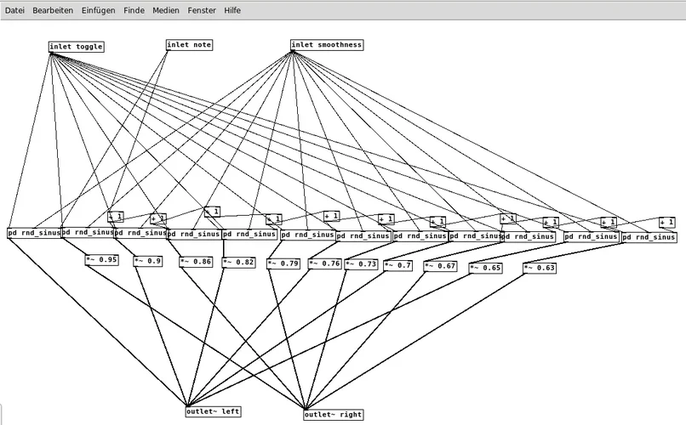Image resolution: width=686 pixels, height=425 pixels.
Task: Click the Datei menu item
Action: pos(15,9)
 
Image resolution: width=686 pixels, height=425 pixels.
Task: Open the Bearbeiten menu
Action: pos(53,9)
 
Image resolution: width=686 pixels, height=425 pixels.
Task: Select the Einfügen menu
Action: pos(99,9)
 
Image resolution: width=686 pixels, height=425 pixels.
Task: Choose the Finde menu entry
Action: pos(134,9)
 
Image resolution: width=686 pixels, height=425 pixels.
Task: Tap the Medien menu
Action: pos(166,9)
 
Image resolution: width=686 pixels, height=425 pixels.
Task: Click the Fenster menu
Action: pos(202,9)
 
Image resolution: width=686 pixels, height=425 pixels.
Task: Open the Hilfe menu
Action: pos(232,9)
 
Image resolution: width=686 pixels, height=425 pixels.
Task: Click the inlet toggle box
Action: pos(77,47)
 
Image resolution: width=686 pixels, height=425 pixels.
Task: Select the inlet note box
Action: pos(189,44)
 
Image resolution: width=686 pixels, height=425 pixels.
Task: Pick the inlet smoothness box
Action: pos(327,44)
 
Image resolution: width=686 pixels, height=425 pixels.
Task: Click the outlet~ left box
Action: pos(213,411)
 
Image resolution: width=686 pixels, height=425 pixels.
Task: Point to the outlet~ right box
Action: pos(334,415)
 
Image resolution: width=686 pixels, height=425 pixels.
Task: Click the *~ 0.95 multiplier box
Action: pos(101,259)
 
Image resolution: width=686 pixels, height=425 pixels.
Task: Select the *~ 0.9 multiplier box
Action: pos(148,261)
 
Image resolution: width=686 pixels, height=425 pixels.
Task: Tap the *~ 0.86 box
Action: pos(195,262)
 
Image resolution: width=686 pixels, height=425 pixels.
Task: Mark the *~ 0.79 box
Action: pos(283,263)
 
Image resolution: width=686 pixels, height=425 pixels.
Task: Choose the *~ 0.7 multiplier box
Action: pos(397,265)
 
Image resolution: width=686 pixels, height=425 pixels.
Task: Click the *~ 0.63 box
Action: pos(539,268)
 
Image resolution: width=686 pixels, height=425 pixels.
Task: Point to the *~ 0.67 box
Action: pos(440,266)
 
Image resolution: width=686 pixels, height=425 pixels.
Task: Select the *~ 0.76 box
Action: pos(324,263)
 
